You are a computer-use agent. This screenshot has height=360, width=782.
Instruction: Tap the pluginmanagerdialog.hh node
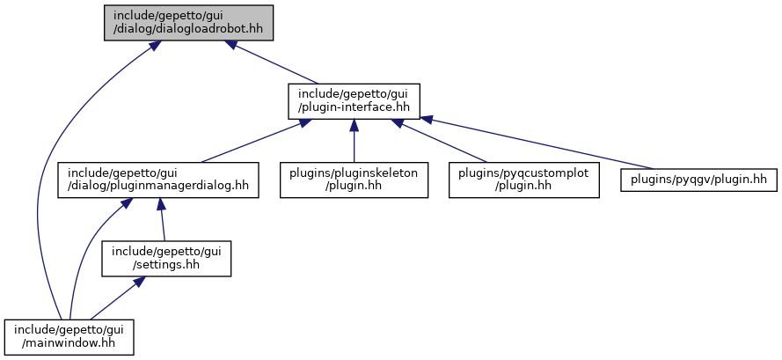(158, 180)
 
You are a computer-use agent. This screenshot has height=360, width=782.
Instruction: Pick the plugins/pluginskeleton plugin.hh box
(354, 180)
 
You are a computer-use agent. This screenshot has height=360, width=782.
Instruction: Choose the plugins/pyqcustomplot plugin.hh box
(523, 180)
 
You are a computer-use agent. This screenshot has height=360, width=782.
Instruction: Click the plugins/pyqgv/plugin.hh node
(698, 180)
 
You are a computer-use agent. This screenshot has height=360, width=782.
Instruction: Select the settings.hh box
(166, 258)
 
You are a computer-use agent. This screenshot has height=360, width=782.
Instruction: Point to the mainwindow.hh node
(69, 337)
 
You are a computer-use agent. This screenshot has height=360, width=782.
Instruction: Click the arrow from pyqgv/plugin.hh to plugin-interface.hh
(536, 143)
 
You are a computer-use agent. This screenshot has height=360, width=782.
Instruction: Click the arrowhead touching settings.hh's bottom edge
(139, 282)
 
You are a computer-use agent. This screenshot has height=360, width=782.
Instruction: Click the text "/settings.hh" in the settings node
(166, 265)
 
